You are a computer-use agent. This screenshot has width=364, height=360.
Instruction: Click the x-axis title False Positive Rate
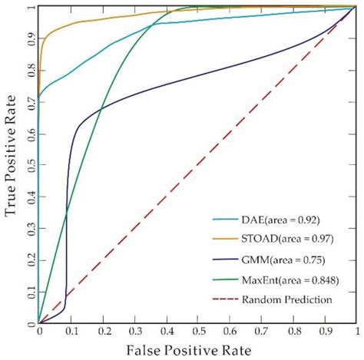point(198,349)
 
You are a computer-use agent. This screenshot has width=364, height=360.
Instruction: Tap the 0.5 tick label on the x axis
point(198,332)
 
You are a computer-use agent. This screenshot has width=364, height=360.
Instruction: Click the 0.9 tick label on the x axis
point(325,332)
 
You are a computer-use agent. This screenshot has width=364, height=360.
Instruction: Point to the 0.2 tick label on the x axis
point(103,332)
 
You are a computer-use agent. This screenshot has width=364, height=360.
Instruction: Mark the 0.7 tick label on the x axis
point(262,332)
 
